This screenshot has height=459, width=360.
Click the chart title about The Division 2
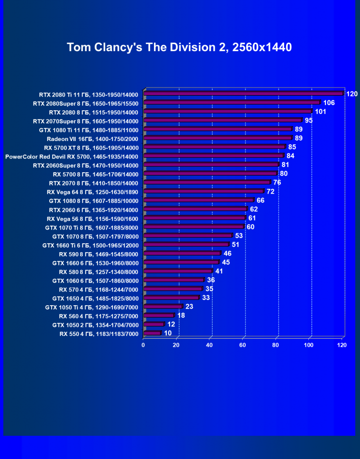(179, 47)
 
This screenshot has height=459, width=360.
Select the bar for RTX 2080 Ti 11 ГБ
(243, 94)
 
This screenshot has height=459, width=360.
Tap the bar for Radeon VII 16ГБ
(217, 138)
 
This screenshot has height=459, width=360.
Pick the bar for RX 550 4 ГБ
(152, 333)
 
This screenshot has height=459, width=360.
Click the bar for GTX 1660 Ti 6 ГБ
(186, 245)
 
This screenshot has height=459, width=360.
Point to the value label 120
(351, 94)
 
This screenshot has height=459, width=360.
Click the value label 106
(329, 103)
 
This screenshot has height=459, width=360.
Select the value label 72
(270, 192)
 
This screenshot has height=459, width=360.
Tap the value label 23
(189, 307)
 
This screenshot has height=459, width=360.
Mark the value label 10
(168, 333)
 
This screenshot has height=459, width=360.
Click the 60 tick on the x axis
(243, 345)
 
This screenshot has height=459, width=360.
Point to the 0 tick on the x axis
(143, 345)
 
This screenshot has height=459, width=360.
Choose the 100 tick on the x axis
(308, 345)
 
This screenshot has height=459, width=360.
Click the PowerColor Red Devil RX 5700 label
(72, 156)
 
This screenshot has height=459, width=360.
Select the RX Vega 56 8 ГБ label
(92, 219)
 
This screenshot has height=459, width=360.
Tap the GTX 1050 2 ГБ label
(95, 325)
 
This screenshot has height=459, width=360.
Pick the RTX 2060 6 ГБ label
(93, 210)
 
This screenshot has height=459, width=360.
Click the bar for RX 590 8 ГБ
(181, 254)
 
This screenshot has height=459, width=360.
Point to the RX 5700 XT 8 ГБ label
(92, 147)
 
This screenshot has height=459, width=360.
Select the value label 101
(321, 112)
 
